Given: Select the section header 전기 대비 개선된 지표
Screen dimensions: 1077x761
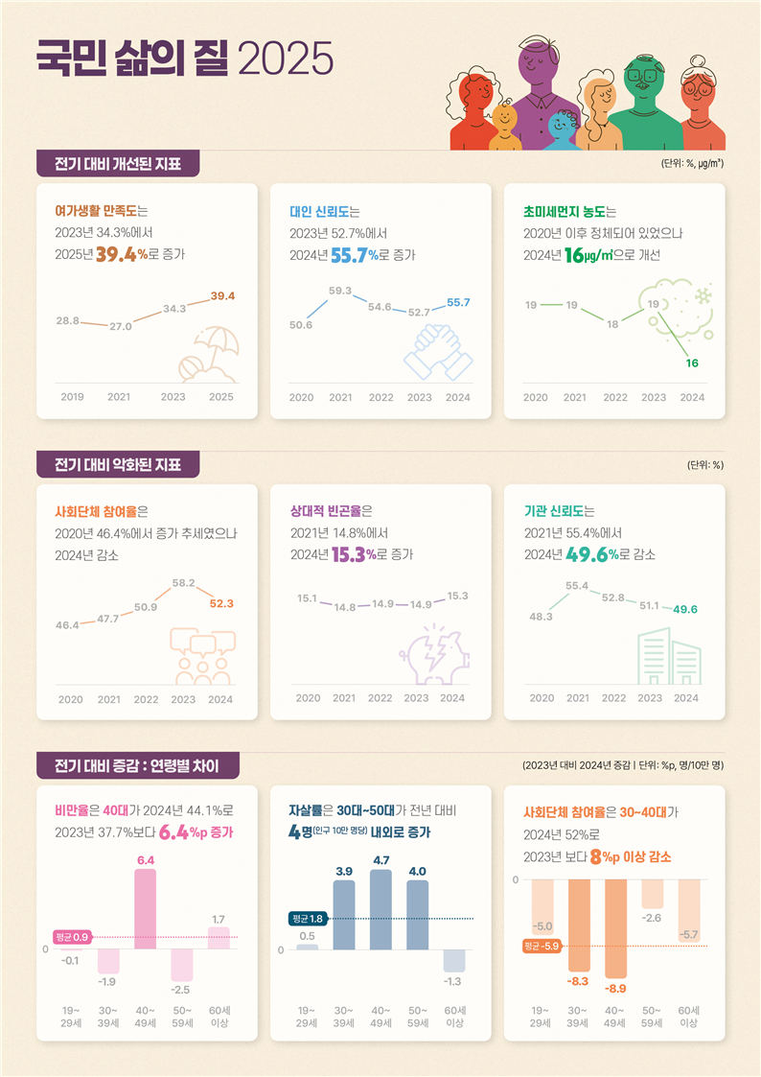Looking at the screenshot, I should pos(118,163).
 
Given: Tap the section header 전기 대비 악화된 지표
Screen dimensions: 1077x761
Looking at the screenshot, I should pos(118,464).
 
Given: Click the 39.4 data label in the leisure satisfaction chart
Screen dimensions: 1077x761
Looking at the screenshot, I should pos(222,295).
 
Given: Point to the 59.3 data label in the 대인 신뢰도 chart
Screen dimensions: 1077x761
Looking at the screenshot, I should pos(340,290).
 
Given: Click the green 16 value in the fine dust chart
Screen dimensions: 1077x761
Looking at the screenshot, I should pos(691,363).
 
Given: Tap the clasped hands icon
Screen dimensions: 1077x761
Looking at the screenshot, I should pos(438,352).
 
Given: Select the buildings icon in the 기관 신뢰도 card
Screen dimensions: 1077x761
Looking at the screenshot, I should pos(670,656).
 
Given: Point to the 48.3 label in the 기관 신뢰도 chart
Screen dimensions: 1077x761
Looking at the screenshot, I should pos(542,616).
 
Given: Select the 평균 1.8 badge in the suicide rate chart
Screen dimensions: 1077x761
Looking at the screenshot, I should pos(307,918).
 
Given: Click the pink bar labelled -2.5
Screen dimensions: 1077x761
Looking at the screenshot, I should pos(182,963).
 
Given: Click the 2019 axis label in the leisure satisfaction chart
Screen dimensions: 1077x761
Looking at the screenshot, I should pos(72,397).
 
